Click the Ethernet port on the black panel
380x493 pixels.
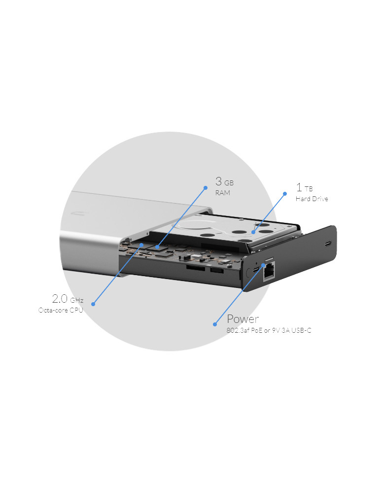pyautogui.click(x=269, y=273)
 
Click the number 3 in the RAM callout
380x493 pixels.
pyautogui.click(x=219, y=181)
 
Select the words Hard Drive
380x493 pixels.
pyautogui.click(x=311, y=199)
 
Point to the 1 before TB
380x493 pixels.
pyautogui.click(x=299, y=187)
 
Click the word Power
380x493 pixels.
pyautogui.click(x=242, y=318)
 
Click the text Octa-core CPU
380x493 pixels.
pyautogui.click(x=61, y=310)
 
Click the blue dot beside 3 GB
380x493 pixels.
pyautogui.click(x=206, y=187)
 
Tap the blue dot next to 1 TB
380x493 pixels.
pyautogui.click(x=284, y=194)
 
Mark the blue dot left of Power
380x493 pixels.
pyautogui.click(x=214, y=324)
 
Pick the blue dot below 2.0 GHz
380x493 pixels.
pyautogui.click(x=93, y=304)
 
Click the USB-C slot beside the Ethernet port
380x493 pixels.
pyautogui.click(x=255, y=271)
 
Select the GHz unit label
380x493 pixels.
pyautogui.click(x=77, y=300)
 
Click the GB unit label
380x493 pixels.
pyautogui.click(x=229, y=183)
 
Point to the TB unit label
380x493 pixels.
pyautogui.click(x=309, y=189)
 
